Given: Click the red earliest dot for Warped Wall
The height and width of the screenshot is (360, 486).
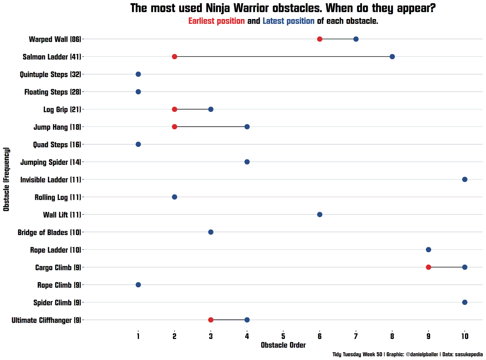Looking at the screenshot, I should tap(320, 39).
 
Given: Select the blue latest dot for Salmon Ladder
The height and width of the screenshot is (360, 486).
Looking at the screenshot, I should tap(392, 56).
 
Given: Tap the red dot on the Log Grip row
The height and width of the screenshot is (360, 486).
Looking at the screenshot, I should tap(175, 109).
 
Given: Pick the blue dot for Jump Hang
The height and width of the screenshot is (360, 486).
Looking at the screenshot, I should tap(247, 127).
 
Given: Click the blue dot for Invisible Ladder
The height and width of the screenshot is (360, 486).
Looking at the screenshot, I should tap(465, 179).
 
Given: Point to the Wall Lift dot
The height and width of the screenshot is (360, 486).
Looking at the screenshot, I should tap(320, 214).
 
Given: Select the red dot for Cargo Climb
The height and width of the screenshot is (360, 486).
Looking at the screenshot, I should tap(428, 267).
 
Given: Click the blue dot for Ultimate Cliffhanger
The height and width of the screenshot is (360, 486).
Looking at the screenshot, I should tap(247, 320).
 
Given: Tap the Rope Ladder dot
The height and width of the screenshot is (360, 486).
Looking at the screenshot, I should tap(428, 249).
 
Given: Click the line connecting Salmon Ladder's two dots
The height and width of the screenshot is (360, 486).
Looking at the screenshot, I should tap(283, 56).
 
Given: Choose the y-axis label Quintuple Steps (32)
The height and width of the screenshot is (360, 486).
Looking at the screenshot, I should tap(51, 74).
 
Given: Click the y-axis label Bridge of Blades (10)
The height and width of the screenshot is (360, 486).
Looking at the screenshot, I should tap(49, 232).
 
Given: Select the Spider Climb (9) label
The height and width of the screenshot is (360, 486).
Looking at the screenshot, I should tap(57, 302).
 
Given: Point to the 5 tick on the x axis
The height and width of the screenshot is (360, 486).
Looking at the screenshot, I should tap(283, 336).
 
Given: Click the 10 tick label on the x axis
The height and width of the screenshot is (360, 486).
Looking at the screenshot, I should tap(465, 336).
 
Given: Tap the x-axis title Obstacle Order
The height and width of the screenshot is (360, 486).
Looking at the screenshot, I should tap(283, 345).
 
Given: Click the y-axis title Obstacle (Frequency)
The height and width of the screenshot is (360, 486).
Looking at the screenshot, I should tap(6, 179).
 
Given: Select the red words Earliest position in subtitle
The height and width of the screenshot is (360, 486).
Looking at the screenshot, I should tap(216, 21).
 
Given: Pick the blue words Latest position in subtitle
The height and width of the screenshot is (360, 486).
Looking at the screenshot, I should tap(288, 21).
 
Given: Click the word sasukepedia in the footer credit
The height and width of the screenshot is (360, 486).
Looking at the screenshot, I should tap(469, 354).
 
